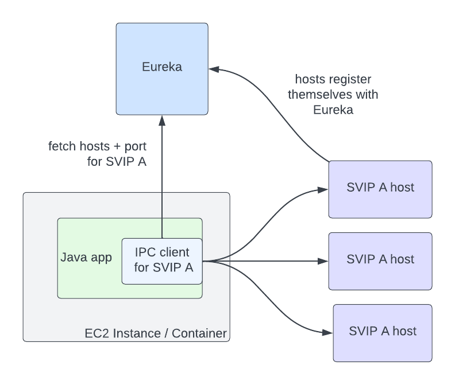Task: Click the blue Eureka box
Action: click(162, 68)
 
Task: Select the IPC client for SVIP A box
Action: click(162, 260)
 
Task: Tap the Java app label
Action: click(86, 256)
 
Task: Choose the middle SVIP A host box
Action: click(380, 260)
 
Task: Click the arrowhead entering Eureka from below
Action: click(163, 119)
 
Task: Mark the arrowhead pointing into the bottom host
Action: click(328, 332)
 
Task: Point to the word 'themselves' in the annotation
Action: click(317, 94)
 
